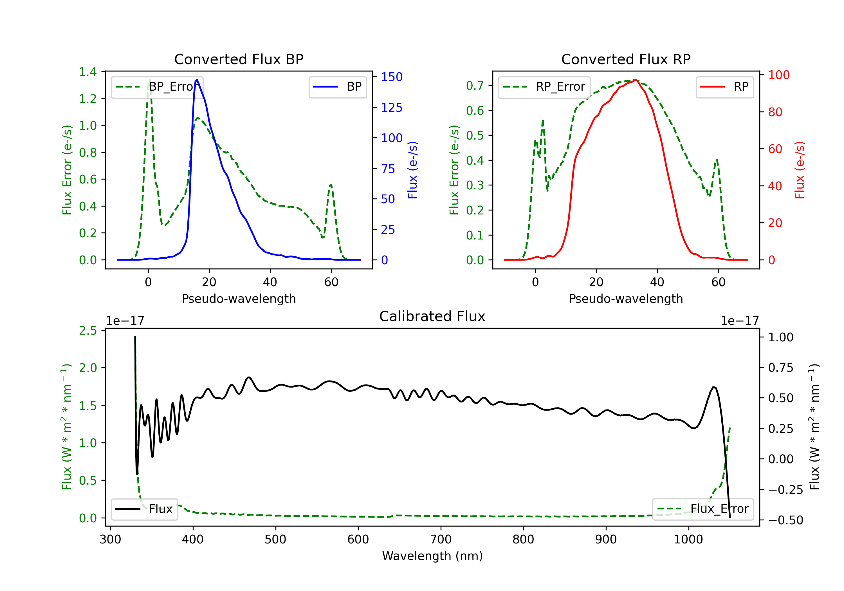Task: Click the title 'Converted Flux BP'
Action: click(239, 59)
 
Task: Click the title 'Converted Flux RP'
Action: click(626, 59)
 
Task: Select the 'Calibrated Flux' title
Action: click(432, 316)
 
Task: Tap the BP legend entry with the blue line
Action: click(337, 87)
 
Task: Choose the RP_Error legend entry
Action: click(544, 87)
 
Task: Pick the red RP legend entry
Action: click(724, 87)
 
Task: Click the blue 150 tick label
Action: click(392, 77)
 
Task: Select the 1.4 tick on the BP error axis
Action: click(88, 72)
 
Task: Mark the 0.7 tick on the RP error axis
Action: click(475, 86)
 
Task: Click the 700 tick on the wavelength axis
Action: click(441, 539)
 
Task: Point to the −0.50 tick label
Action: click(785, 520)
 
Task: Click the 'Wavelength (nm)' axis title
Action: click(432, 556)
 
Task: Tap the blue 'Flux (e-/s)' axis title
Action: click(412, 170)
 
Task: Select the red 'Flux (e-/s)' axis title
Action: click(800, 170)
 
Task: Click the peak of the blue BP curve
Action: click(197, 80)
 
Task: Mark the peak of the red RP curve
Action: click(636, 80)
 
